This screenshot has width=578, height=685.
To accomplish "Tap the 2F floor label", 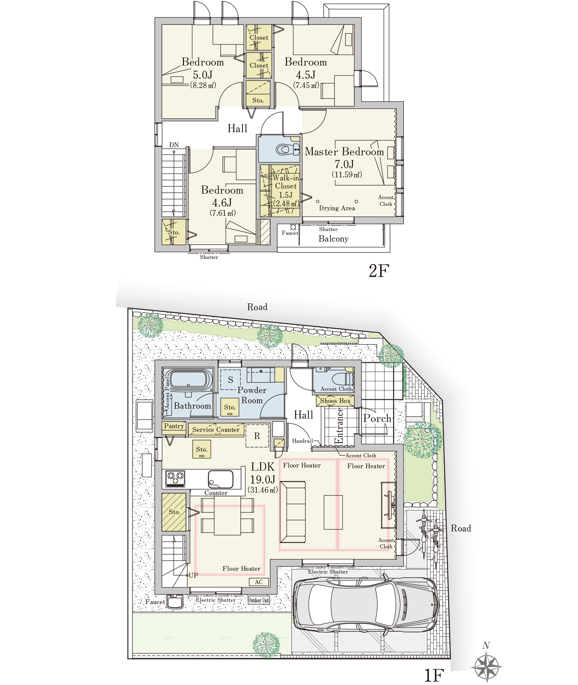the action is pyautogui.click(x=379, y=271).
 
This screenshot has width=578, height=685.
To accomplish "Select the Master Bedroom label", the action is pyautogui.click(x=344, y=152).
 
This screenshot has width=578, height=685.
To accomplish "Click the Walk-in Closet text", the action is pyautogui.click(x=286, y=182).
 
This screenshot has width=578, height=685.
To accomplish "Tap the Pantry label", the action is pyautogui.click(x=174, y=426).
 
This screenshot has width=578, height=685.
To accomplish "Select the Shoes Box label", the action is pyautogui.click(x=335, y=401).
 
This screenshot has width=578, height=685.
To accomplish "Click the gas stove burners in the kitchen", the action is pyautogui.click(x=175, y=478).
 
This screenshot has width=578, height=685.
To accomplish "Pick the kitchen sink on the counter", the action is pyautogui.click(x=221, y=479).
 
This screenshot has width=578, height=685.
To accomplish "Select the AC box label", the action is pyautogui.click(x=259, y=582).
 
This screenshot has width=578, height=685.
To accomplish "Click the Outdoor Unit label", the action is pyautogui.click(x=259, y=600).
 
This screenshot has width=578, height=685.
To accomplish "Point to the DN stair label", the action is pyautogui.click(x=174, y=145).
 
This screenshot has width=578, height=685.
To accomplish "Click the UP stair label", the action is pyautogui.click(x=193, y=575).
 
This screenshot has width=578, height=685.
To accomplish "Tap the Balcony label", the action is pyautogui.click(x=334, y=239).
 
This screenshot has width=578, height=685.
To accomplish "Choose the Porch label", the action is pyautogui.click(x=377, y=419).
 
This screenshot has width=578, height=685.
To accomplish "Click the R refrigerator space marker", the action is pyautogui.click(x=257, y=436).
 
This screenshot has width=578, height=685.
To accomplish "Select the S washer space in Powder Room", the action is pyautogui.click(x=231, y=380).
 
